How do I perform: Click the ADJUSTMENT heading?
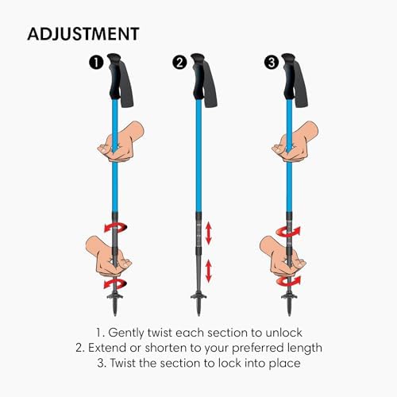[84, 33]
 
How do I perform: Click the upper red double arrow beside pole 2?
[209, 233]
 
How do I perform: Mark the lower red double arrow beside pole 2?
[209, 270]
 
